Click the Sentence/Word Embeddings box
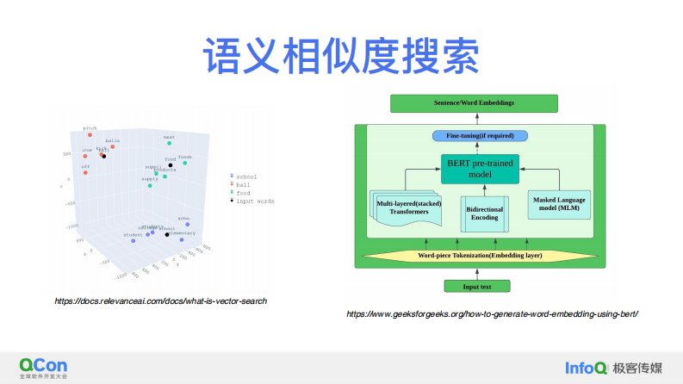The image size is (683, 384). [474, 103]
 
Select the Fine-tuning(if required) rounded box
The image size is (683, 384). [479, 136]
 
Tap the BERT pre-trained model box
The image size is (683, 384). [481, 168]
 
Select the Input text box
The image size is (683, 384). [476, 286]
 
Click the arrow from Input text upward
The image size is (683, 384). [476, 271]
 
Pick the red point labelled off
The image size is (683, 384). [86, 171]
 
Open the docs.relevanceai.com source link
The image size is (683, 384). [160, 300]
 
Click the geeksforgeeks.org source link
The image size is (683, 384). [492, 314]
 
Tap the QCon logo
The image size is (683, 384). [43, 365]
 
